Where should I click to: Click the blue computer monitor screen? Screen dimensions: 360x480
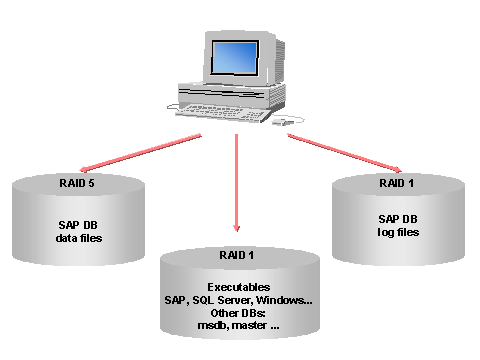234,59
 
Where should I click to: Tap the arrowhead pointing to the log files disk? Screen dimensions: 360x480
397,170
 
